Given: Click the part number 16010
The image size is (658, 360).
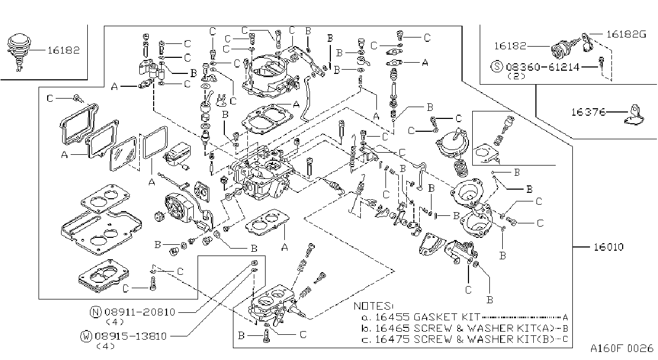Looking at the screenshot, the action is (x=608, y=247).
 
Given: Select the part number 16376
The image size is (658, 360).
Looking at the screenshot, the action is (x=588, y=112).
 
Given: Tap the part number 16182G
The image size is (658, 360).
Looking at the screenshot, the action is (x=626, y=34).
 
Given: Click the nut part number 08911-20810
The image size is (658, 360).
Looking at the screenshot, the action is (x=140, y=312).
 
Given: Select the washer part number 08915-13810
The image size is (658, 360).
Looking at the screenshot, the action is (x=131, y=336).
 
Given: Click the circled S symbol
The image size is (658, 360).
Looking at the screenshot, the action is (x=497, y=66).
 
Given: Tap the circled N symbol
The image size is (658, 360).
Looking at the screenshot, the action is (x=95, y=312).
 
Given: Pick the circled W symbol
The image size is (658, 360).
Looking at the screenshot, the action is (x=86, y=336).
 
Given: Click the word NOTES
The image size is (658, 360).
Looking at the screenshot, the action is (x=373, y=306).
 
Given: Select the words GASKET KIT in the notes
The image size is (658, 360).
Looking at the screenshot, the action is (x=447, y=317).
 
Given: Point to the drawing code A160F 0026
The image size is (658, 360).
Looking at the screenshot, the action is (x=622, y=348).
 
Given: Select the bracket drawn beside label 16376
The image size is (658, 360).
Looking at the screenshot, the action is (x=634, y=116).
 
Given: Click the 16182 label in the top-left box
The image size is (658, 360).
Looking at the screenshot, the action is (x=64, y=50).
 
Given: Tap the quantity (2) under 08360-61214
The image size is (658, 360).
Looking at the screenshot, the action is (x=516, y=76).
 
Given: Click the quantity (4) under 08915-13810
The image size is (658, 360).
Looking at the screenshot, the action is (x=105, y=346).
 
